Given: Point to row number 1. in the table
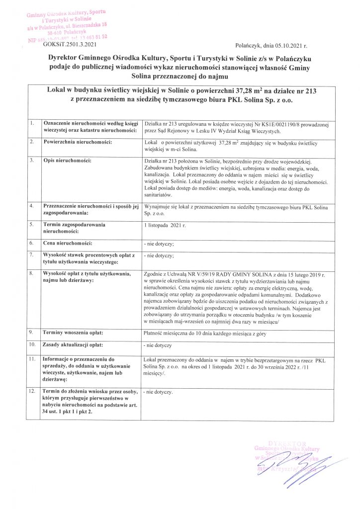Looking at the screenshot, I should (x=32, y=122).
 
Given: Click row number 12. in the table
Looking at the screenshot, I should (x=33, y=392).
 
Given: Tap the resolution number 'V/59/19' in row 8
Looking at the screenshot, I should (x=219, y=275).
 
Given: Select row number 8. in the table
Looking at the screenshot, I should (x=32, y=274).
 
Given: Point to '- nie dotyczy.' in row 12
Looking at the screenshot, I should (x=159, y=393).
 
